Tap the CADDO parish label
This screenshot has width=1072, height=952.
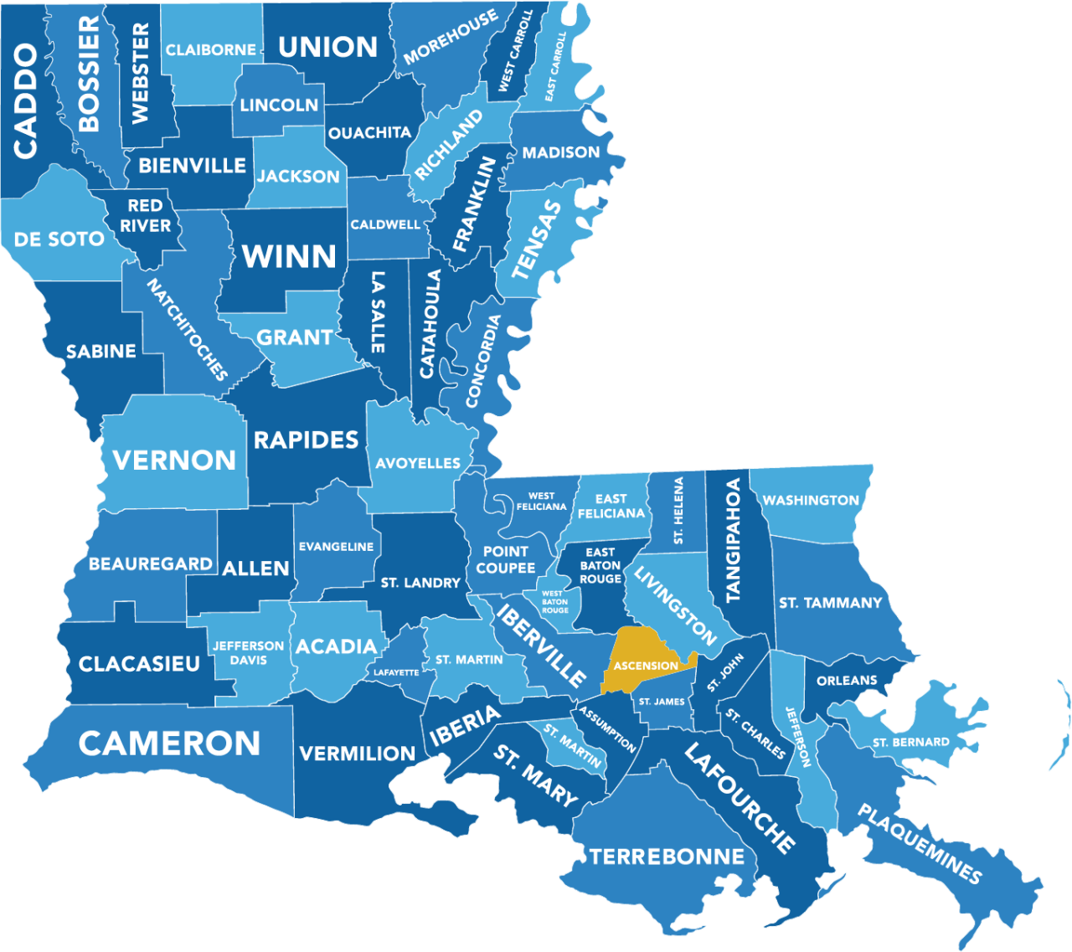pos(26,101)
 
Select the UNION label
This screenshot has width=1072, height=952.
pos(327,47)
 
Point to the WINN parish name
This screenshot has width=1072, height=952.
pos(289,255)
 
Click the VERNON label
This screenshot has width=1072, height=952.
pos(174,460)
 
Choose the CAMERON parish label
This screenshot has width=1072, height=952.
pos(169,744)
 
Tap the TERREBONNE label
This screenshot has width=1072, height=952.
pos(667,857)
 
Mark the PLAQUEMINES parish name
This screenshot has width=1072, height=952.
pos(919,844)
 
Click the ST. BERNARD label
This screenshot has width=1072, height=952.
pos(910,742)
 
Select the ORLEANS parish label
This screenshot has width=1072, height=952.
pos(847,681)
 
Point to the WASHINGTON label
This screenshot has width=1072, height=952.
pos(810,500)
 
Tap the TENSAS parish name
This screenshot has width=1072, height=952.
pos(536,239)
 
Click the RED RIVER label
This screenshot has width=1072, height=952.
pos(145,215)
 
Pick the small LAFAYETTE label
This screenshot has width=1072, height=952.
pos(396,672)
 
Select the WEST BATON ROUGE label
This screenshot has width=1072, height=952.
pos(554,602)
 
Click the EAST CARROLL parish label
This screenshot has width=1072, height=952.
pos(555,66)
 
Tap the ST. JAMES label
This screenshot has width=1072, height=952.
pos(661,702)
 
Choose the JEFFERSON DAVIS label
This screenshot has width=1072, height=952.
pos(248,652)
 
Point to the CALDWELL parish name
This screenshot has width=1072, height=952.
pos(385,224)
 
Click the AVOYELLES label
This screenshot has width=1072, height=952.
pos(417,463)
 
